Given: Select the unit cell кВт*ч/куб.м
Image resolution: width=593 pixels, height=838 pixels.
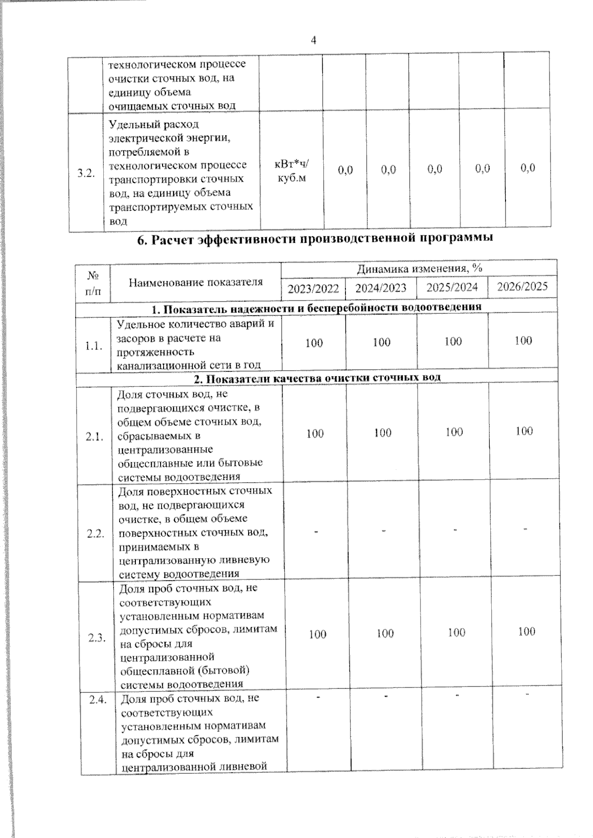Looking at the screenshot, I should [291, 171].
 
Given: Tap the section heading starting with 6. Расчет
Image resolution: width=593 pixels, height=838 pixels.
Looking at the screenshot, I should [315, 239].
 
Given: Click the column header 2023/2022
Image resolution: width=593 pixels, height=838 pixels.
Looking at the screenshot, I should [313, 288].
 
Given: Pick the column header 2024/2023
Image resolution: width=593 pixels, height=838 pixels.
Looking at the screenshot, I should [381, 288].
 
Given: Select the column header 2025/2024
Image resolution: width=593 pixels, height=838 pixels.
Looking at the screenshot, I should [452, 287].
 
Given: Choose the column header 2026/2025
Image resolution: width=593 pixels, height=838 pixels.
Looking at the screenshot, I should [522, 287].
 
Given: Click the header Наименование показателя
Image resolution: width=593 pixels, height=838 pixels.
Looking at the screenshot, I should [196, 282].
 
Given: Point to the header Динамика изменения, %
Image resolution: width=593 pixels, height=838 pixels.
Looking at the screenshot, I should [419, 268].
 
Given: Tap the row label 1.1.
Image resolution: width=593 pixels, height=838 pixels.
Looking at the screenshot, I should [93, 346].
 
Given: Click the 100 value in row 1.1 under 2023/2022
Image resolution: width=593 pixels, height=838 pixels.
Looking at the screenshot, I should [314, 343].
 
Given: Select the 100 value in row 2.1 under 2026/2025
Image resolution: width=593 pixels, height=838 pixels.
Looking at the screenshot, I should [524, 431].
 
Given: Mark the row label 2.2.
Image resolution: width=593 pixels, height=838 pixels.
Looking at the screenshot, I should [95, 533].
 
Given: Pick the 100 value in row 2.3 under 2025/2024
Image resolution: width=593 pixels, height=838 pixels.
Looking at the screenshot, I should [456, 632].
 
